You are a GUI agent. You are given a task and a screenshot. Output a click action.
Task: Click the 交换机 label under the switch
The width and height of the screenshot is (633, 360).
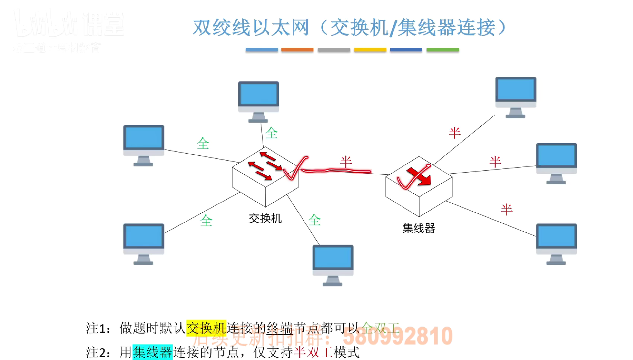[265, 219]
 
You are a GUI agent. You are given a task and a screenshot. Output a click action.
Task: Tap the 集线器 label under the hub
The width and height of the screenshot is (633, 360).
[419, 228]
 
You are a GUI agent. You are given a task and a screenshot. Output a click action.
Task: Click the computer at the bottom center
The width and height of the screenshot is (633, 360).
[333, 265]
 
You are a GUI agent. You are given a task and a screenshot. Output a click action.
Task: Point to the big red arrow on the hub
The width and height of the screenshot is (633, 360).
[419, 177]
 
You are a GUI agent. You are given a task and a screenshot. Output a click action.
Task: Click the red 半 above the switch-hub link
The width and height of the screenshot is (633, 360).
[346, 162]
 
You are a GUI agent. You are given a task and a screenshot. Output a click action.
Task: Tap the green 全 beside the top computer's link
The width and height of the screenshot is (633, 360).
[271, 133]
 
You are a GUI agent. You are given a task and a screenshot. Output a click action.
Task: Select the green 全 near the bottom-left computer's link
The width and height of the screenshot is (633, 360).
[206, 221]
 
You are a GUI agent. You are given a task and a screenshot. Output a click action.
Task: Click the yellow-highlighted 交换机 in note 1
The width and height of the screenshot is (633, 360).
[206, 328]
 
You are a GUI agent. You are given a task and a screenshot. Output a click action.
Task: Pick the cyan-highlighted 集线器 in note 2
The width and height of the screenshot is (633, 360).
[152, 352]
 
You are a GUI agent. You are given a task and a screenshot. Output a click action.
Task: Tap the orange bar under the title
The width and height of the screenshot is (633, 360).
[297, 50]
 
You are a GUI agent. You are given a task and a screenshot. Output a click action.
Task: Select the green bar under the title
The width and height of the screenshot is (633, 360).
[442, 50]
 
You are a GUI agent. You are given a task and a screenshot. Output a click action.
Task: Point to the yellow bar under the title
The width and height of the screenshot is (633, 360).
[370, 50]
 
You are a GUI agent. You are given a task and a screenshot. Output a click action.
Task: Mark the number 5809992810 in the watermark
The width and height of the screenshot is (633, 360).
[397, 336]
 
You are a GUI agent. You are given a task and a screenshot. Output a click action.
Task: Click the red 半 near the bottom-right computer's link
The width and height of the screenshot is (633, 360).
[506, 209]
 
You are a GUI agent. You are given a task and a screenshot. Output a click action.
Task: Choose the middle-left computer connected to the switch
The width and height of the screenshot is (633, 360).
[144, 145]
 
